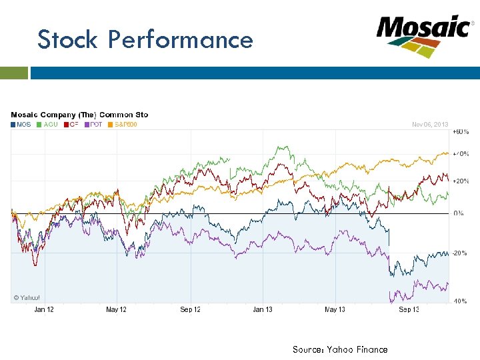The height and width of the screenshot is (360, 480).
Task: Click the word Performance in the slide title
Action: coord(181,39)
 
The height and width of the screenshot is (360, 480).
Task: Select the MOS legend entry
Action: coord(21,124)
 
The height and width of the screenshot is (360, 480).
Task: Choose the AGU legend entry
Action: coord(47,124)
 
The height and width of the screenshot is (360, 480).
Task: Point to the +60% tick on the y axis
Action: coord(461,133)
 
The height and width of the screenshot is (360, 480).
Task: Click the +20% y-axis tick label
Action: coord(461,181)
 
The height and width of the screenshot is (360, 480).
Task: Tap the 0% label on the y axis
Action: coord(459,213)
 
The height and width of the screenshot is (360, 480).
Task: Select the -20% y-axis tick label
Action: coord(461,253)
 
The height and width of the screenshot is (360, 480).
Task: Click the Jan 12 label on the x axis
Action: coord(44,310)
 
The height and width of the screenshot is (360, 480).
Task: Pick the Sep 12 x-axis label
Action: coord(190,310)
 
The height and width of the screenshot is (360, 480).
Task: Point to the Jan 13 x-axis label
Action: coord(263,310)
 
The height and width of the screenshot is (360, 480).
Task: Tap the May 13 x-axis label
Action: coord(335,310)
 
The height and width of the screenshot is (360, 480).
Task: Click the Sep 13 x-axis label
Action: coord(409,310)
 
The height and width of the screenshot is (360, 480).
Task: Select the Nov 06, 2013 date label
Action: coord(430,124)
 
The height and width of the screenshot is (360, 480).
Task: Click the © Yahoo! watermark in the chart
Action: coord(27,297)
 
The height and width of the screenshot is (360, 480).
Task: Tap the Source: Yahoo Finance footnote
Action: coord(339,349)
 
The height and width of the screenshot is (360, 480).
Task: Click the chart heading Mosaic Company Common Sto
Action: coord(79,115)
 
